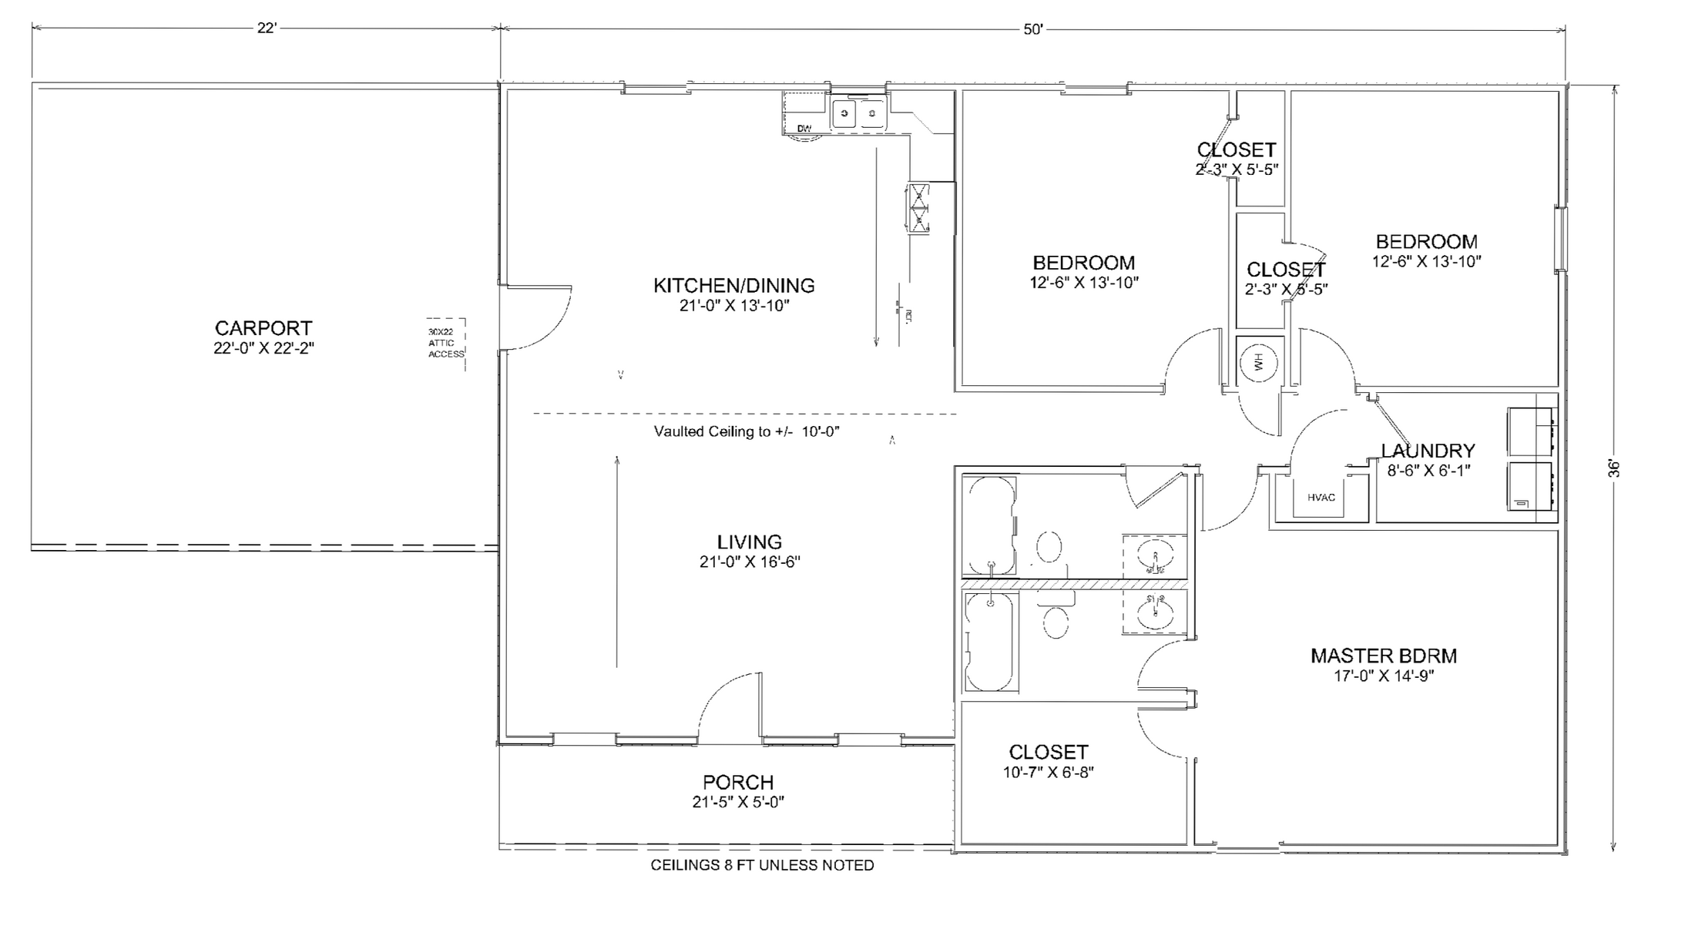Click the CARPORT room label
pyautogui.click(x=263, y=328)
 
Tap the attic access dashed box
pyautogui.click(x=447, y=344)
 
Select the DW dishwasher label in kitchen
pyautogui.click(x=804, y=129)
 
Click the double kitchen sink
pyautogui.click(x=858, y=115)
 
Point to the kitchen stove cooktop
pyautogui.click(x=919, y=208)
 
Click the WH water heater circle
pyautogui.click(x=1259, y=361)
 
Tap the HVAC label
pyautogui.click(x=1321, y=498)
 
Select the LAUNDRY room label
pyautogui.click(x=1428, y=451)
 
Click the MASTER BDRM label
pyautogui.click(x=1383, y=656)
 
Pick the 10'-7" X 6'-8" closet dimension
pyautogui.click(x=1048, y=772)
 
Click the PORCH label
pyautogui.click(x=737, y=783)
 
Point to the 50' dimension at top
pyautogui.click(x=1032, y=29)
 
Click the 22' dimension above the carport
pyautogui.click(x=267, y=29)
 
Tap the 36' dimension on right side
pyautogui.click(x=1613, y=468)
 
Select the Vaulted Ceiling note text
pyautogui.click(x=746, y=431)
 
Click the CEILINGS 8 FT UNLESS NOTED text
pyautogui.click(x=762, y=865)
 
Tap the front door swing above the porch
pyautogui.click(x=728, y=705)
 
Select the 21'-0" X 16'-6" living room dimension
pyautogui.click(x=749, y=562)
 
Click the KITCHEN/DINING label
pyautogui.click(x=733, y=286)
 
